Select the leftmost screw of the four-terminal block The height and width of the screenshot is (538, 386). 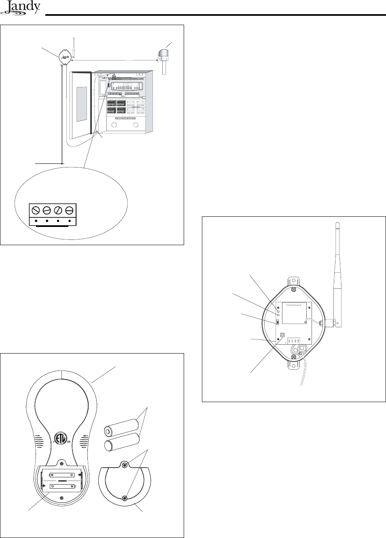[36, 210]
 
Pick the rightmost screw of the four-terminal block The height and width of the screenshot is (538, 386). [69, 210]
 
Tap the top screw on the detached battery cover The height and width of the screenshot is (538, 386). [125, 465]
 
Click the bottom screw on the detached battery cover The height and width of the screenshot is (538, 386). [125, 498]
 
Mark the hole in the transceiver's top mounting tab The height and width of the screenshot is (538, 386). [294, 289]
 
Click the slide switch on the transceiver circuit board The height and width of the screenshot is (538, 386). [278, 322]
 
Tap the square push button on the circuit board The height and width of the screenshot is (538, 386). [282, 335]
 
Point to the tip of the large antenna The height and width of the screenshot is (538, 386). [337, 224]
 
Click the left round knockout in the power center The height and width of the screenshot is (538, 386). [114, 125]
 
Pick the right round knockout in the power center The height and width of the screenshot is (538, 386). [136, 125]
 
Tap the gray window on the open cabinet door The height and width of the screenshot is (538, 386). [81, 104]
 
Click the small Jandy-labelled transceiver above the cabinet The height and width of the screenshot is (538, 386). [66, 57]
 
